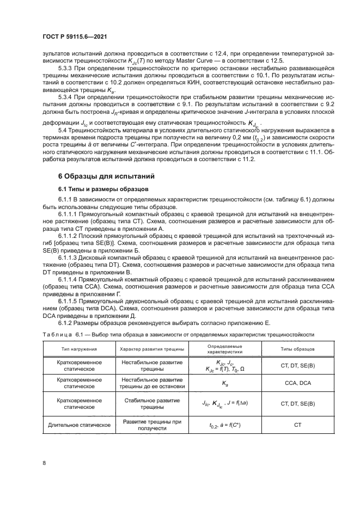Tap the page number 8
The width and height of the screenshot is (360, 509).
coord(45,463)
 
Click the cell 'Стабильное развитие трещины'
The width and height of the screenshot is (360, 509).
coord(151,403)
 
